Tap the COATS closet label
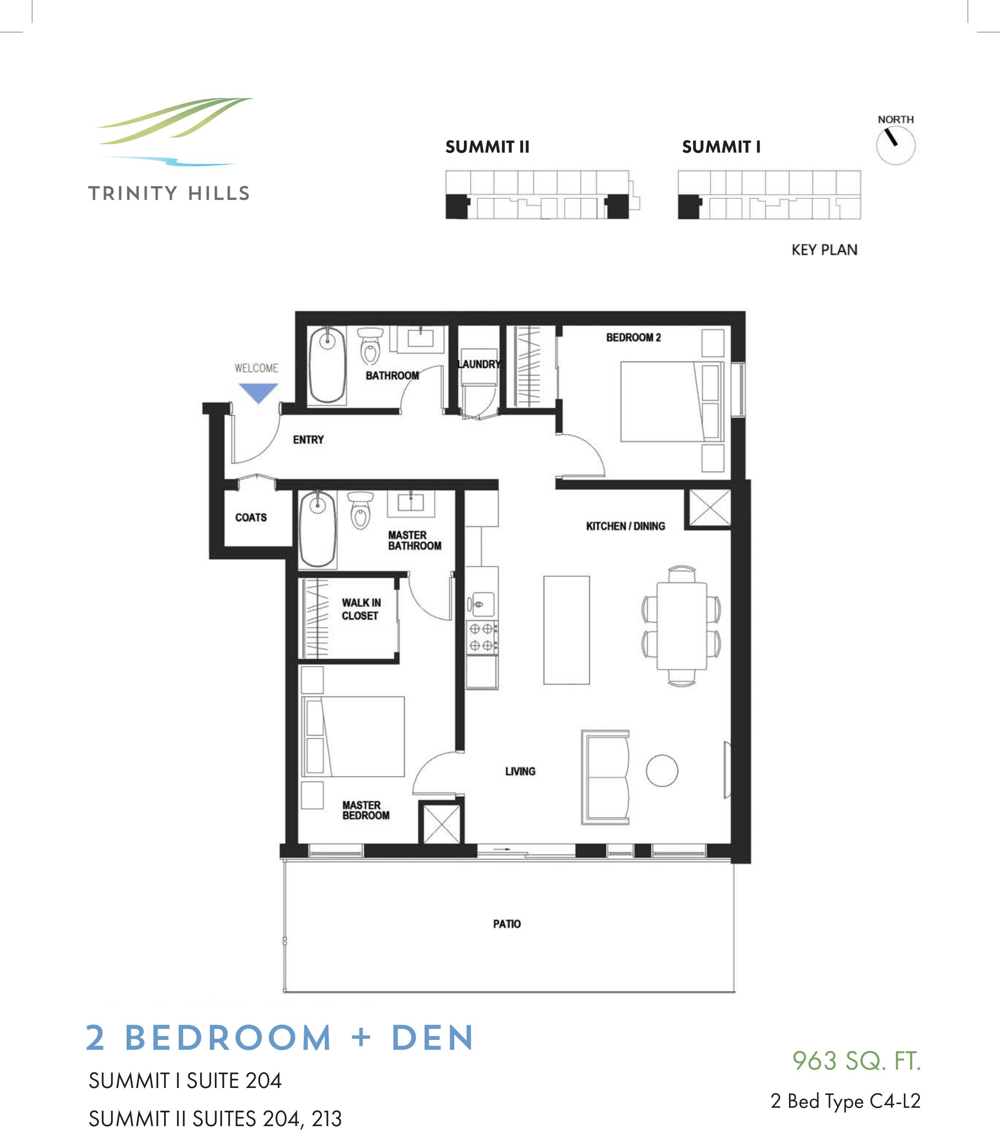click(251, 518)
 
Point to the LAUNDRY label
click(478, 364)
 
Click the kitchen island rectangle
click(566, 630)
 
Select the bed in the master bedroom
click(353, 736)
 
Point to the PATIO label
click(507, 924)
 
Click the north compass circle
click(896, 145)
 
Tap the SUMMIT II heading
click(487, 147)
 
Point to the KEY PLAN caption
click(824, 250)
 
